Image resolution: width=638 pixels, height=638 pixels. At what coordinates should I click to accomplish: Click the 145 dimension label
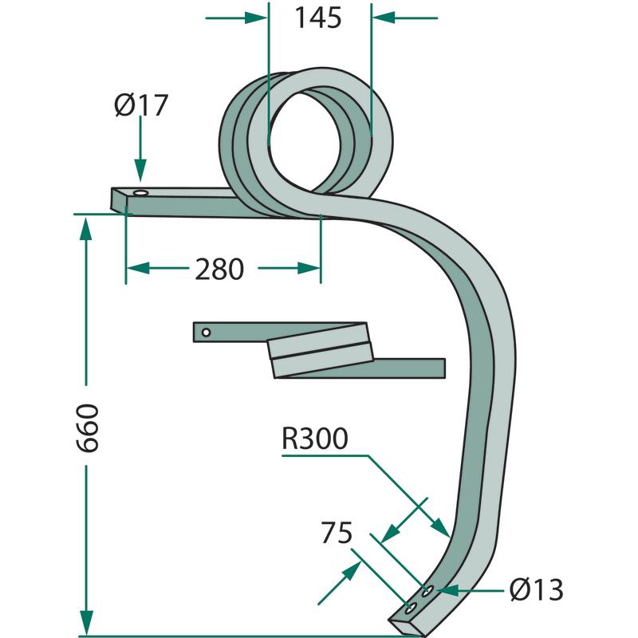317,18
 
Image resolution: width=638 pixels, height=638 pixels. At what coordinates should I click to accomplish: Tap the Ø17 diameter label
141,105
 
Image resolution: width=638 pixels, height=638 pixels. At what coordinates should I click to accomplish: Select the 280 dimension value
219,270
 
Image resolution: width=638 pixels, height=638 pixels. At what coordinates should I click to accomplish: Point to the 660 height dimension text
88,427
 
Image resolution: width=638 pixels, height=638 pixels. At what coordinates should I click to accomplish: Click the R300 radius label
315,439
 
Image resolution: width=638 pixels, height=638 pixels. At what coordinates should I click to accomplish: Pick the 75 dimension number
337,533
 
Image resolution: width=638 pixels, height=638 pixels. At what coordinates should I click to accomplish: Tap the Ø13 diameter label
536,590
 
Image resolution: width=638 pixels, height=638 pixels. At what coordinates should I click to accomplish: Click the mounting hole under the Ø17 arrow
141,192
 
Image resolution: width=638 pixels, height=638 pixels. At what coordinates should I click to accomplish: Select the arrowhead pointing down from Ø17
140,170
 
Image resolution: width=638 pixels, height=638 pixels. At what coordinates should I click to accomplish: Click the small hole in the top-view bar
207,333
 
